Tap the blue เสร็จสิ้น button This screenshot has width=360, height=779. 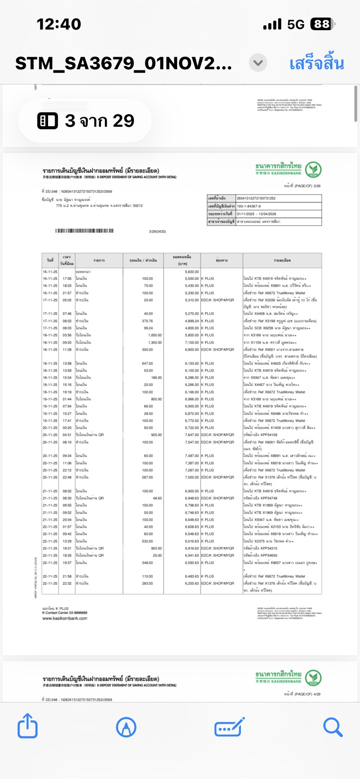(x=317, y=64)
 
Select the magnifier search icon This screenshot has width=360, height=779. (x=333, y=727)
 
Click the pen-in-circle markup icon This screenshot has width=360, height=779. (x=126, y=727)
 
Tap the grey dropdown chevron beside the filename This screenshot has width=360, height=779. (x=258, y=63)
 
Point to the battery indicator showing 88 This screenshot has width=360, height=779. (x=322, y=24)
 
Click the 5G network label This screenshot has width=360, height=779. (x=296, y=25)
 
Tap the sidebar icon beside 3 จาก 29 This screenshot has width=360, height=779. (x=48, y=121)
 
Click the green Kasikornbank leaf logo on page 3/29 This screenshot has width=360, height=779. (x=313, y=169)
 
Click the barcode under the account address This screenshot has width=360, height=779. (x=84, y=231)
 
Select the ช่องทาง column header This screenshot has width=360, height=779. (x=221, y=260)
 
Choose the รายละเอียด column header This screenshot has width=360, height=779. (x=282, y=260)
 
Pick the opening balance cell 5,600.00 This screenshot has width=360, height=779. (x=192, y=272)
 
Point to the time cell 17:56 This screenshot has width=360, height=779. (x=67, y=279)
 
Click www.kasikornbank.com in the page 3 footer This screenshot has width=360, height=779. (x=65, y=618)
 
